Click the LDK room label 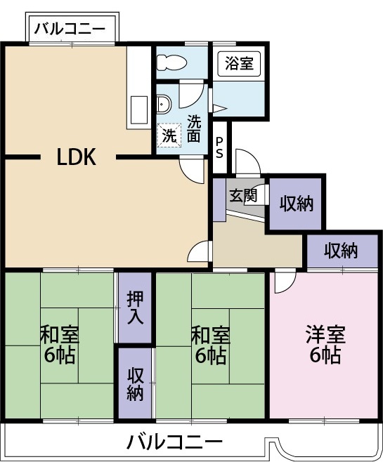pos(77,157)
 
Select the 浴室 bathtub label pos(239,63)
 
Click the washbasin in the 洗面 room pos(163,104)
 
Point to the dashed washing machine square pos(169,135)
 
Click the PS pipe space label pos(219,148)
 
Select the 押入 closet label pos(136,308)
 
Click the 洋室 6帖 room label pos(325,344)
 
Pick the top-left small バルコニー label pos(70,29)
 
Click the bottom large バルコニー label pos(174,441)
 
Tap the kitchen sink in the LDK pos(139,110)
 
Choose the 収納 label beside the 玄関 pos(297,204)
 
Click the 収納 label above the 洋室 pos(341,251)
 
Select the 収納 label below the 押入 pos(136,384)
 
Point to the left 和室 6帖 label pos(60,344)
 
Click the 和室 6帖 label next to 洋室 pos(211,344)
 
